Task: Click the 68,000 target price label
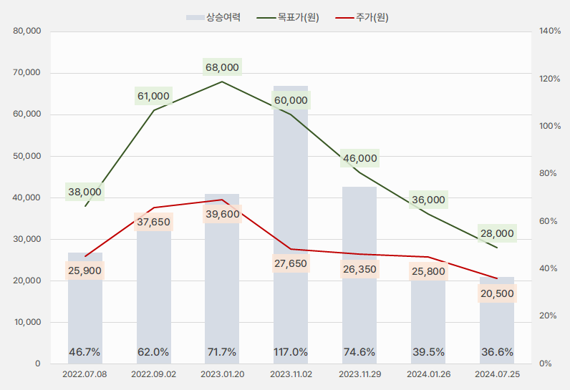coord(222,67)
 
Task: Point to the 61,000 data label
coord(153,96)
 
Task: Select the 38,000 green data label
coord(84,192)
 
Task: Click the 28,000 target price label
coord(497,233)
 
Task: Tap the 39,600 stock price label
coord(222,214)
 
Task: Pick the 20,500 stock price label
coord(497,293)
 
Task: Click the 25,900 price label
coord(84,270)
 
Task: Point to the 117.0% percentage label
coord(291,351)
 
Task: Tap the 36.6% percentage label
coord(497,351)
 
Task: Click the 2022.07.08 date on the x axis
coord(84,374)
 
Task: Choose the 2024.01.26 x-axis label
coord(428,374)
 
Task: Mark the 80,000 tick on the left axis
coord(27,31)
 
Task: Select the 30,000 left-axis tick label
coord(27,239)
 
